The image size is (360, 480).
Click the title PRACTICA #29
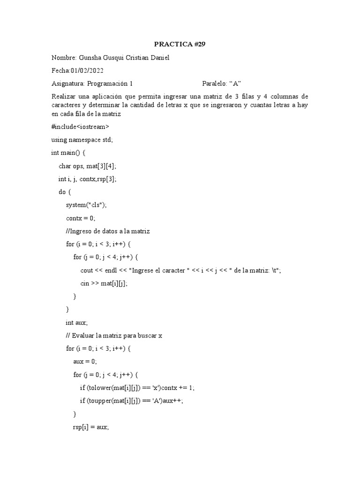pos(180,45)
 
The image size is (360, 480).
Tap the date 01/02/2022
pos(87,71)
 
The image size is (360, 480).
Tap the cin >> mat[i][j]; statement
pos(104,283)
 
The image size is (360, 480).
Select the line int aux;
pos(76,322)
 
